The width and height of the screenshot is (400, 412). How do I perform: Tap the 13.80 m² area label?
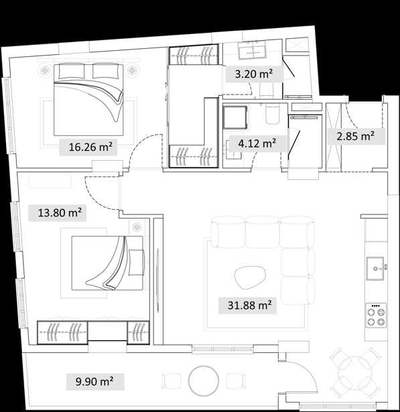coord(60,212)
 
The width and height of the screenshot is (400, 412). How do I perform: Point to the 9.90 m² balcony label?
coord(94,381)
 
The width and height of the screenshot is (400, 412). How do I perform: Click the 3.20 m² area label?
coord(254,74)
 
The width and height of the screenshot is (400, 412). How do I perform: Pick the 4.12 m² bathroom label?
coord(257,143)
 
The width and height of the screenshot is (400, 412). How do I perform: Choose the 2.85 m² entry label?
coord(355,137)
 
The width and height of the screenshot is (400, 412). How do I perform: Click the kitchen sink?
coord(376,269)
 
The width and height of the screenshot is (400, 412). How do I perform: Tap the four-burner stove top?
coord(376,315)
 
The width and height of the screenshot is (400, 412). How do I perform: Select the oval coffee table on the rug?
coord(250,278)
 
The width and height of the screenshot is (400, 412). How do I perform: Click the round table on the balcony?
coord(203,381)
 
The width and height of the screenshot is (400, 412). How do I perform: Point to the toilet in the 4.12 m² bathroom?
coord(272,115)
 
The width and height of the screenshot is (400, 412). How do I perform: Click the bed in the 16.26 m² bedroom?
coord(88,100)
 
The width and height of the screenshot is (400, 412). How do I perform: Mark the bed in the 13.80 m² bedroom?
coord(107,263)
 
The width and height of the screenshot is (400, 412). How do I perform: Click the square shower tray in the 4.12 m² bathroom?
coord(235,117)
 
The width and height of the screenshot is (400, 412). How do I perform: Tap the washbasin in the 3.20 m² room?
coord(251,50)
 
